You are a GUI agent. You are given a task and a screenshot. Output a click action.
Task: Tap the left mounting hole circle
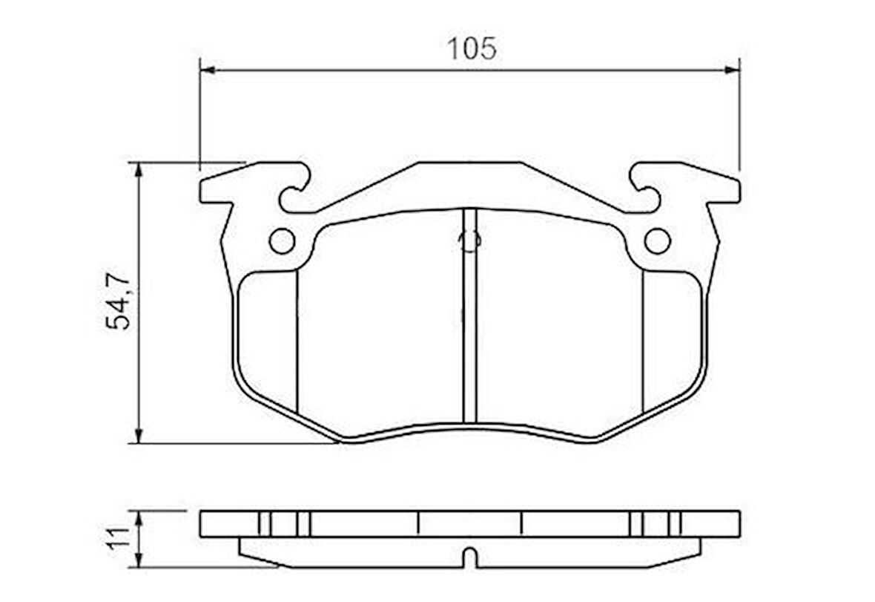click(x=282, y=241)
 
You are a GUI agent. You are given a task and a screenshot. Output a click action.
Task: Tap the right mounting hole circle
click(x=657, y=241)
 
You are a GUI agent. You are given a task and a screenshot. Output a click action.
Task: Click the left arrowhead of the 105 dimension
click(x=208, y=70)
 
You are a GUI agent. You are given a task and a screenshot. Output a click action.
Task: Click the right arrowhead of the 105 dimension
click(x=732, y=70)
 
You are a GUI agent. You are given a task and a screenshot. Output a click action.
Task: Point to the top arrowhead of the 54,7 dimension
click(x=138, y=169)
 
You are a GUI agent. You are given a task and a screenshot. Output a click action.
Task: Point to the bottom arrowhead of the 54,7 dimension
click(x=138, y=436)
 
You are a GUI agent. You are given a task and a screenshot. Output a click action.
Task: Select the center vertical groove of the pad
click(x=469, y=319)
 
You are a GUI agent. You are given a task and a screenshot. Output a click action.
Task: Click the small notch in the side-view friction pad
click(x=469, y=557)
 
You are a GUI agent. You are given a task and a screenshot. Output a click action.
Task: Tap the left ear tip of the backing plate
click(x=205, y=191)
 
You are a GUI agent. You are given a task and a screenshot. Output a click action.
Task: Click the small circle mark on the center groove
click(x=469, y=240)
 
